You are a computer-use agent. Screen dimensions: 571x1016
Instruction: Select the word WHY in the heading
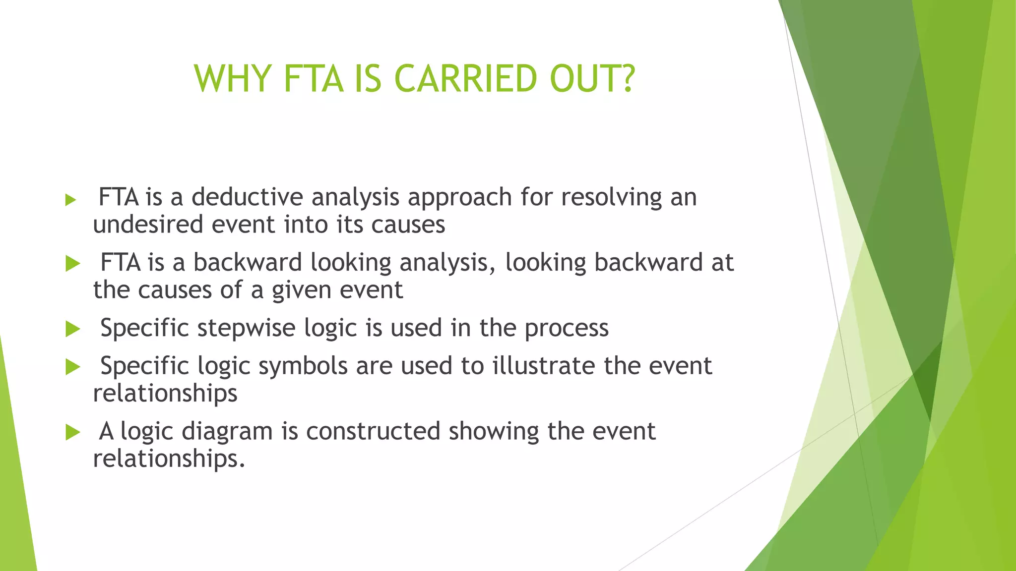point(232,79)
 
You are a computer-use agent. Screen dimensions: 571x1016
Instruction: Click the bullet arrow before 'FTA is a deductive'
point(71,200)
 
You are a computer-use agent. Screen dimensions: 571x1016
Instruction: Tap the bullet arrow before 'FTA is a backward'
point(72,264)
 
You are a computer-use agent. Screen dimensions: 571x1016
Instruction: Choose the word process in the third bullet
point(567,328)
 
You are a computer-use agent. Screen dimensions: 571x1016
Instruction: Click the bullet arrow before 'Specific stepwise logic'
point(72,329)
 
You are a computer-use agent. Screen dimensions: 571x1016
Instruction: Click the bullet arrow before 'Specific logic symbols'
point(72,367)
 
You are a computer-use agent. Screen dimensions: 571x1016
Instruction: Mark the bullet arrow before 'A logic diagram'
point(72,432)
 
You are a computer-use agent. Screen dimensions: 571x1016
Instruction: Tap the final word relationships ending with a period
point(169,458)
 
